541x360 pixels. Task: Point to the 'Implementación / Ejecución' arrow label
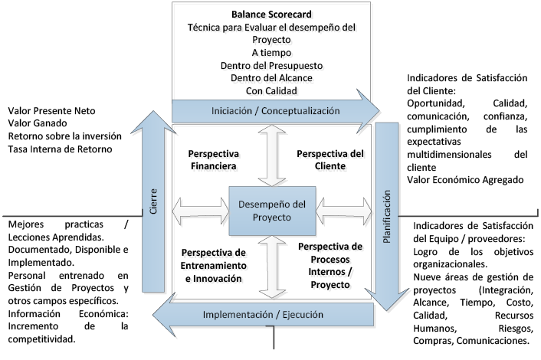coord(262,315)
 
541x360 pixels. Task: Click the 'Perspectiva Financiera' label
coord(214,159)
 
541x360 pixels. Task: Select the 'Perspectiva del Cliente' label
coord(330,159)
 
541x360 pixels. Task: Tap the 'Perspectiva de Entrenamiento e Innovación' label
coord(214,266)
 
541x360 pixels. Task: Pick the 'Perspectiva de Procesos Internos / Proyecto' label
coord(330,266)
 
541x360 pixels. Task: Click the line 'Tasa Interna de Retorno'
coord(60,149)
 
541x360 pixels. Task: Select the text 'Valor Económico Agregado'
coord(464,180)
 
